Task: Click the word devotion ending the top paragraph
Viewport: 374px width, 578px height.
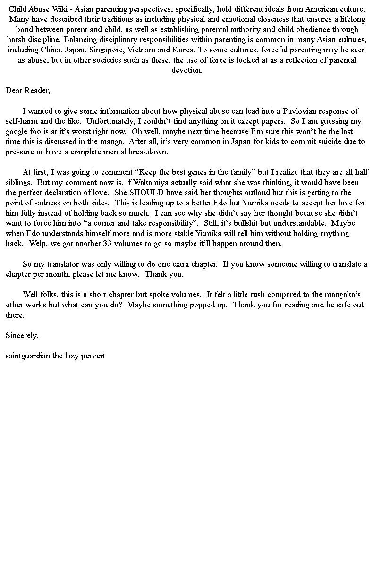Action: [x=187, y=70]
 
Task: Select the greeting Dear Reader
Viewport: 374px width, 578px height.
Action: [x=28, y=90]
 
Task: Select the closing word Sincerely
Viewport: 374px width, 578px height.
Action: [x=22, y=335]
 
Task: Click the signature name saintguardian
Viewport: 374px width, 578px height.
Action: [x=28, y=356]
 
